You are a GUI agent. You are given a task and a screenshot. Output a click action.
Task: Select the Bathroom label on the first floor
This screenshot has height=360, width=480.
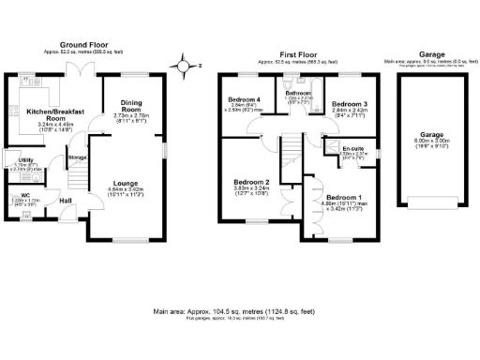tap(298, 93)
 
